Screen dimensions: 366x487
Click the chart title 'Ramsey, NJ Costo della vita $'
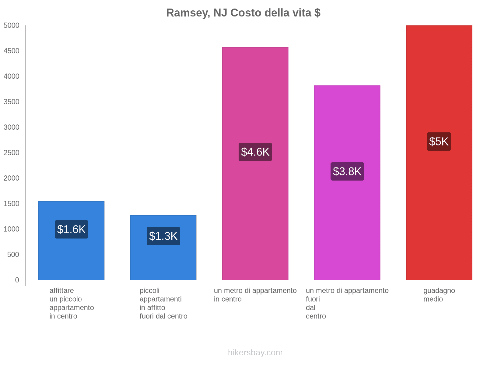point(243,13)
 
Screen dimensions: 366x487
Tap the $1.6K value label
point(72,229)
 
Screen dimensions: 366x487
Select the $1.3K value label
point(163,236)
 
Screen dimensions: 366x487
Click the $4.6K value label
point(255,152)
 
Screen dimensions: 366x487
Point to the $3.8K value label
point(347,171)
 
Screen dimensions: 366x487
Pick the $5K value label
point(439,142)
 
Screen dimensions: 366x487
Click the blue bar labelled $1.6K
point(72,259)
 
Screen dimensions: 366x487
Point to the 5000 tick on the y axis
point(12,26)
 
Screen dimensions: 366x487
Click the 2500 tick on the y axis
point(12,153)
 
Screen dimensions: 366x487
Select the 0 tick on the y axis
point(17,280)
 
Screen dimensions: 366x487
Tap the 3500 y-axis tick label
point(12,102)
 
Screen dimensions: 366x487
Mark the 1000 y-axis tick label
point(12,229)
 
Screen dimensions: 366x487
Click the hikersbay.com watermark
point(255,353)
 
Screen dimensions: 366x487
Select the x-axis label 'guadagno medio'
point(439,295)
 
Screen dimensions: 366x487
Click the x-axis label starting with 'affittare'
point(72,303)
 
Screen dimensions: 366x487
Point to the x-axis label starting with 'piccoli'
point(163,303)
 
